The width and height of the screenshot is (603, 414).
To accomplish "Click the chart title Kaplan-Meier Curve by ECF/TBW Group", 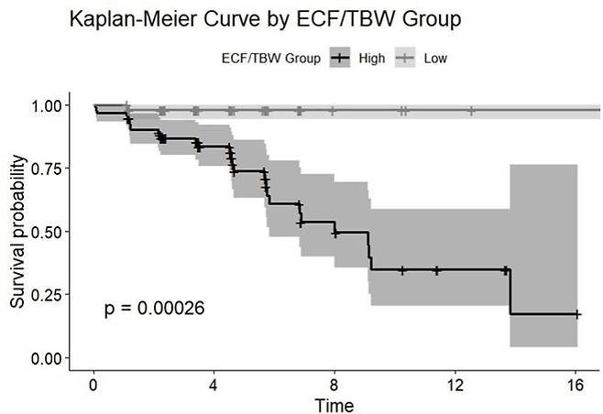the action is point(266,19).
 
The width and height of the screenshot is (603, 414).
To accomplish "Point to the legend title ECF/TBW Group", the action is point(271,59).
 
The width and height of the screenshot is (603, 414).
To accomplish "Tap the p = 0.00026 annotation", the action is point(155,308).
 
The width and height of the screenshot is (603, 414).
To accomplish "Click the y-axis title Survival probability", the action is point(17,232).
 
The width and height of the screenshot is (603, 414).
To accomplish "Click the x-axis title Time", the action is point(334,406).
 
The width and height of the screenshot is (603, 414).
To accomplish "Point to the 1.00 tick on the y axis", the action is point(46,105).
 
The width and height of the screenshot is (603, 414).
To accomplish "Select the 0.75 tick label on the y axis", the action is point(46,169).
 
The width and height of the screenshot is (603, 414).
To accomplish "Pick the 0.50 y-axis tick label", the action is point(46,232).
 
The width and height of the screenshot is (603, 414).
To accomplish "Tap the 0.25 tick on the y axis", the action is point(46,295).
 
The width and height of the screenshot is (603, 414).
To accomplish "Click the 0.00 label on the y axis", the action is point(46,359).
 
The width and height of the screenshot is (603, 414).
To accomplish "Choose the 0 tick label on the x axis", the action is point(93,386).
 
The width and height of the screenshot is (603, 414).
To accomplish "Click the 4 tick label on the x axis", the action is point(214,386).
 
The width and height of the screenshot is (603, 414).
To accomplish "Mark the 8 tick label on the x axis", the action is point(334,386).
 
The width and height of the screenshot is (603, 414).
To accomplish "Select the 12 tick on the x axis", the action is point(455,386).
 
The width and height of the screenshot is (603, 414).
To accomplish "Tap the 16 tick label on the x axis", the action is point(575,386).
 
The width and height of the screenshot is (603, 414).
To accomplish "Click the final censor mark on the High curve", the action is point(576,314).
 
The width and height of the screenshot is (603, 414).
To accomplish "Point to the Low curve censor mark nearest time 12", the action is point(471,111).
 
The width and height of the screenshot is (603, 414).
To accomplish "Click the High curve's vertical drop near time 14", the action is point(510,292).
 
